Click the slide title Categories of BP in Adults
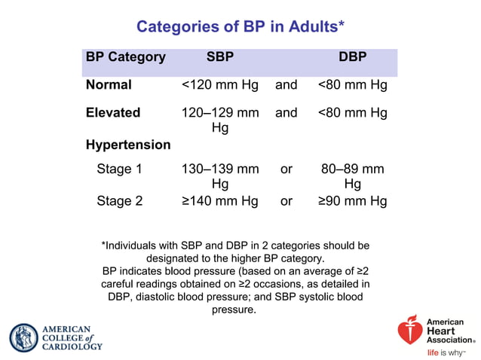[x=240, y=27]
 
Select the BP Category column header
[x=126, y=56]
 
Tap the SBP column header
[x=220, y=56]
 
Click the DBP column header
[x=353, y=56]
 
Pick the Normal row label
[x=109, y=85]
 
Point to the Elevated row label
[x=113, y=113]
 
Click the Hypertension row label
[x=128, y=144]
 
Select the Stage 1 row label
[x=119, y=169]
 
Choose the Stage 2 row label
[x=119, y=201]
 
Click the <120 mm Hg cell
[x=220, y=85]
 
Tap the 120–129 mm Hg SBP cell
[x=220, y=121]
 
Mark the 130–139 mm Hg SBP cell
[x=220, y=176]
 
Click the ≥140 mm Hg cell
[x=220, y=201]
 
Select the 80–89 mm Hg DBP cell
[x=352, y=176]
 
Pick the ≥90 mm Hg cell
[x=352, y=201]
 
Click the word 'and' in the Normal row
[x=286, y=85]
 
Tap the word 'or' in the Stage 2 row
[x=286, y=201]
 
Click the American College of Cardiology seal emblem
[x=23, y=338]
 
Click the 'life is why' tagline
[x=446, y=352]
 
